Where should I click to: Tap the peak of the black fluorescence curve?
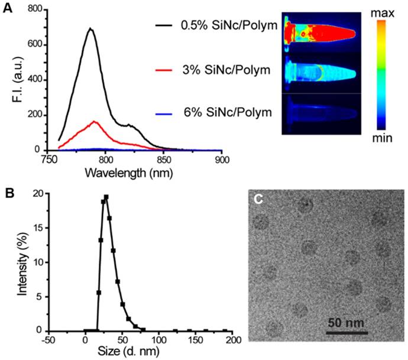click(90, 28)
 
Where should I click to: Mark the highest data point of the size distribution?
click(106, 197)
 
